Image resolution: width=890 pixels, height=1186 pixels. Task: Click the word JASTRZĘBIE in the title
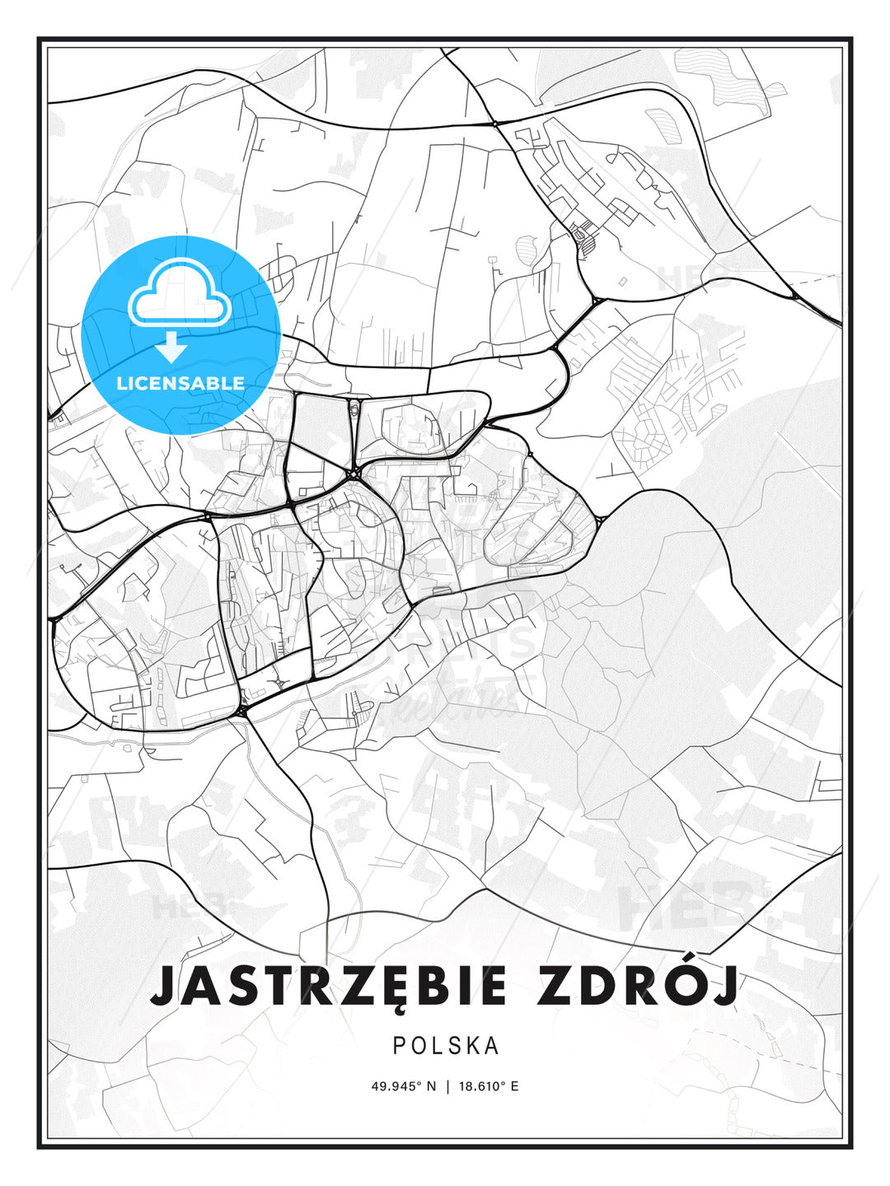click(x=329, y=986)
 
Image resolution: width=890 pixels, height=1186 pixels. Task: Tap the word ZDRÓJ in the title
click(x=636, y=986)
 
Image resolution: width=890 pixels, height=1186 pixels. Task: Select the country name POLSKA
click(x=446, y=1046)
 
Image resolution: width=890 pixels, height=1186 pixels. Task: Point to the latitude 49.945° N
click(x=404, y=1086)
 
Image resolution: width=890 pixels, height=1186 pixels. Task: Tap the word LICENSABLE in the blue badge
click(x=180, y=383)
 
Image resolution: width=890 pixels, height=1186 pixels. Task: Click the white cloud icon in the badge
click(x=178, y=294)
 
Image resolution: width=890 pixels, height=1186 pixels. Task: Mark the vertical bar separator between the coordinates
click(x=447, y=1086)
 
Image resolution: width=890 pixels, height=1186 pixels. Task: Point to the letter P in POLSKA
click(x=399, y=1046)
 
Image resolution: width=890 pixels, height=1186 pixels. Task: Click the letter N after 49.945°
click(x=431, y=1086)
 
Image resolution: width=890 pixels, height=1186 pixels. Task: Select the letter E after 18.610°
click(x=515, y=1086)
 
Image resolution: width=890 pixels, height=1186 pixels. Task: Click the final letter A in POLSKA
click(x=492, y=1046)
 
